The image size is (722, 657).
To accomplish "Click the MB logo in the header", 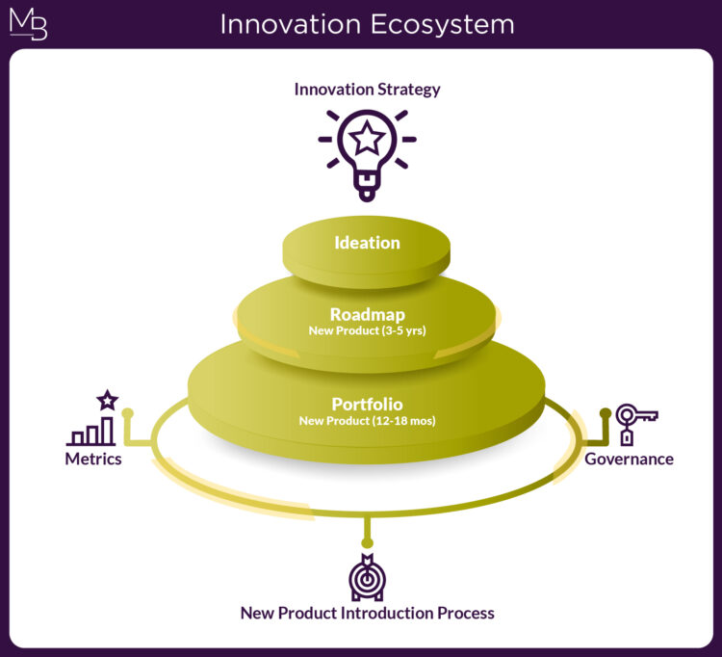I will click(28, 24).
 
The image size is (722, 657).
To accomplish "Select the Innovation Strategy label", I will click(367, 90).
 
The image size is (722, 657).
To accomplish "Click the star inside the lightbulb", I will click(367, 140).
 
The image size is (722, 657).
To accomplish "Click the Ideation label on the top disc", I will click(367, 243).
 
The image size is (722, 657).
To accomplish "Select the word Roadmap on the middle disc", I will click(367, 314).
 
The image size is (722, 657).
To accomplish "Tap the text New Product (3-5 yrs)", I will click(367, 330).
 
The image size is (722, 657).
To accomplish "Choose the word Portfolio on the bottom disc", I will click(367, 404).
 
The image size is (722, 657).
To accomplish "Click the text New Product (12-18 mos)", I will click(367, 421).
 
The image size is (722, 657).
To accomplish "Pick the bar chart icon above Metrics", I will click(91, 431).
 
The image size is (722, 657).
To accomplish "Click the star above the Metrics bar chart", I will click(107, 399).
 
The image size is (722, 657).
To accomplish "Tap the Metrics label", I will click(93, 460).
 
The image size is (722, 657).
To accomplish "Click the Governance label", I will click(629, 460).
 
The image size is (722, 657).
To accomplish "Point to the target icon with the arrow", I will click(367, 578).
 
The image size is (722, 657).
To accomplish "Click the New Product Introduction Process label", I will click(367, 614).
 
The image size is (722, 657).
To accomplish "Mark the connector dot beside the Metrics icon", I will click(127, 413).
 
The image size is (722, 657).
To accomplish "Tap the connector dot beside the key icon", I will click(606, 413).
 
